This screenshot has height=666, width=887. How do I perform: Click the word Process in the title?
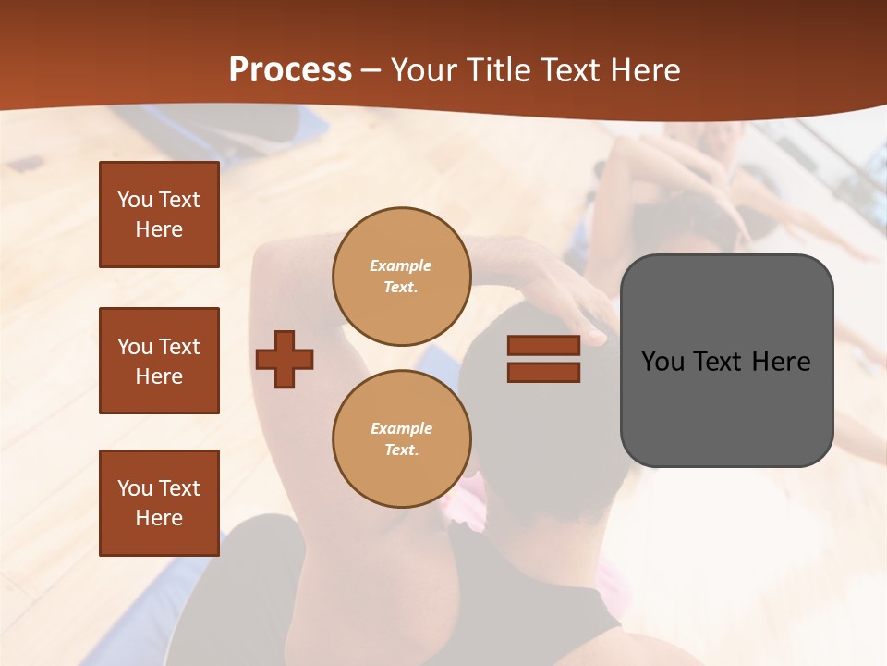click(290, 70)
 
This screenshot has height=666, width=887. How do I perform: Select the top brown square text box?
click(159, 215)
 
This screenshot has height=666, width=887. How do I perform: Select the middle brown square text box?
click(159, 361)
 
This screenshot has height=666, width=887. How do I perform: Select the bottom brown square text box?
click(159, 503)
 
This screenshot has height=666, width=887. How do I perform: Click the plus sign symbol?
click(285, 359)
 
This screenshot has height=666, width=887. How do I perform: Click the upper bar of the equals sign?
click(543, 346)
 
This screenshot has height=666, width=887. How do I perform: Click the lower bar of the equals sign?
click(543, 372)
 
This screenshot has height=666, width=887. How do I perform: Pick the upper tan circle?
click(402, 277)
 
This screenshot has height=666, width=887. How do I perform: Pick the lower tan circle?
click(402, 439)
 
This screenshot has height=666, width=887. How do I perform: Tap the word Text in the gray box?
click(719, 362)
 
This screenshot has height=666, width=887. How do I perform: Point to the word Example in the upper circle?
click(401, 265)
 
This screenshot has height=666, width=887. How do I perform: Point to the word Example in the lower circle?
click(401, 428)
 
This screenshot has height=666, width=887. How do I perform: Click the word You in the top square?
click(135, 200)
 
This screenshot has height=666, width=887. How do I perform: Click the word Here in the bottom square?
click(159, 518)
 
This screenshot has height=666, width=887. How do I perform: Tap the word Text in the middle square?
click(179, 347)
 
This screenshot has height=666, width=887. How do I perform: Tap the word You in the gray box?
click(662, 362)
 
